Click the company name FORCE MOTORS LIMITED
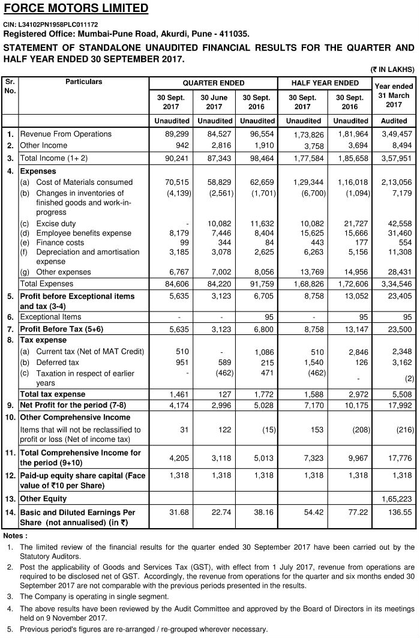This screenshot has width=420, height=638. [x=76, y=8]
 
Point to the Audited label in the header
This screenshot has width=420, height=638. [x=394, y=121]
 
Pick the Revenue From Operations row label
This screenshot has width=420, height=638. [x=65, y=134]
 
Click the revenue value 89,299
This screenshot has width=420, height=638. [x=177, y=134]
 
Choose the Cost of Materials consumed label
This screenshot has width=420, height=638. [x=85, y=182]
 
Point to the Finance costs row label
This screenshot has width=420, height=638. [x=63, y=242]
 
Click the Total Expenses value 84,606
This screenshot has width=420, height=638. [x=177, y=283]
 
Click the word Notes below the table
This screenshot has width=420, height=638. [x=16, y=535]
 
